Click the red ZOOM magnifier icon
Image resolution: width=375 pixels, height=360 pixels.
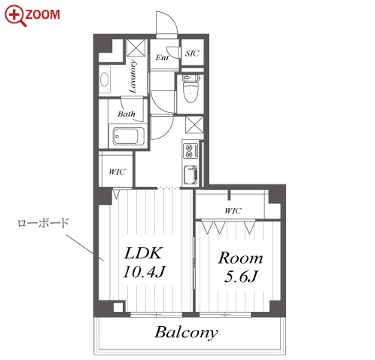tap(15, 16)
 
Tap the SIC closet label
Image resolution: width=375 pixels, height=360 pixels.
tap(192, 53)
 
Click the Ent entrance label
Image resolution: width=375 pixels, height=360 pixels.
tap(162, 57)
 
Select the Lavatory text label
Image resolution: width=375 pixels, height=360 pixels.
tap(133, 76)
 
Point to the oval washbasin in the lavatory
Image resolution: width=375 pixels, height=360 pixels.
tap(105, 79)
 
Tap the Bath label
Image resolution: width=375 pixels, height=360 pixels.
tap(127, 114)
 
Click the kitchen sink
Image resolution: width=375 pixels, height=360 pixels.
tap(191, 175)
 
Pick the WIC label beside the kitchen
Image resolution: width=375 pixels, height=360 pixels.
tap(117, 172)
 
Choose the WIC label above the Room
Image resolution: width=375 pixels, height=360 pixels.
tap(233, 210)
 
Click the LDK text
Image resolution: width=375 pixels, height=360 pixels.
tap(144, 253)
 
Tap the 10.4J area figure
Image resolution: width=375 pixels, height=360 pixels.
tap(145, 272)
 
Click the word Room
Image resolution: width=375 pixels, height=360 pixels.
tap(240, 258)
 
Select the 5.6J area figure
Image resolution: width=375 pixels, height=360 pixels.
tap(241, 276)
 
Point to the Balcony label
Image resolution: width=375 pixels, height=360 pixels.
tap(186, 332)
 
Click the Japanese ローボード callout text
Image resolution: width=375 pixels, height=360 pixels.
tap(43, 223)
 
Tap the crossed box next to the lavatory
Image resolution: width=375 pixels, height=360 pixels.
tap(136, 47)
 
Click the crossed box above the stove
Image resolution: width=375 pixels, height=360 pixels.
tap(194, 124)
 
